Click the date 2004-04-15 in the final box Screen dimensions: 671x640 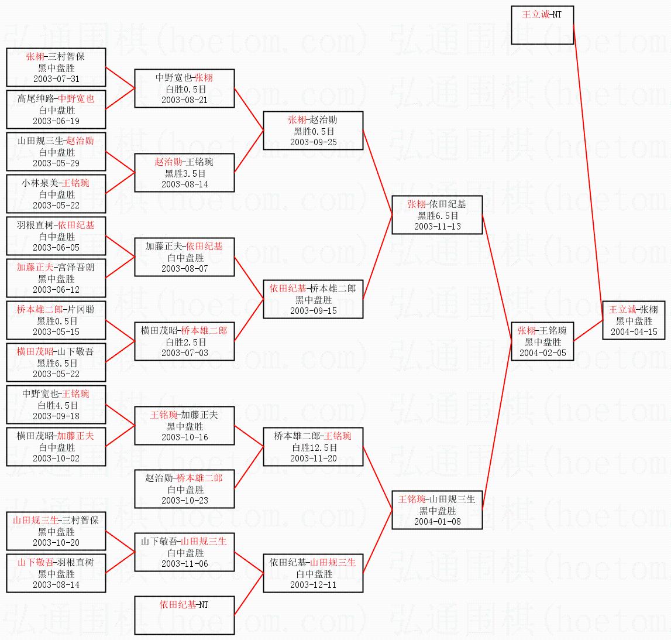click(634, 332)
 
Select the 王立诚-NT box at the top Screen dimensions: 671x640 click(542, 25)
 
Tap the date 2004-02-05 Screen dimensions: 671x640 click(543, 353)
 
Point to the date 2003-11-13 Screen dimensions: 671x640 click(438, 227)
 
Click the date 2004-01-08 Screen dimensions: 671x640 click(438, 522)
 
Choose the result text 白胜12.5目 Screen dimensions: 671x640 click(315, 448)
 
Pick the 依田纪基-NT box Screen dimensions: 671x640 click(184, 615)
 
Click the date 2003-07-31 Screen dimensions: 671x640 click(56, 79)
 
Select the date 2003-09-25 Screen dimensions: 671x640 click(313, 142)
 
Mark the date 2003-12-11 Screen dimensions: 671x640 click(313, 585)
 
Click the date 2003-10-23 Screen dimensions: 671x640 click(184, 501)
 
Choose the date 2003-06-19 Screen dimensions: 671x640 click(56, 121)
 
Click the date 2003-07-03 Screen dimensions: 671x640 click(184, 353)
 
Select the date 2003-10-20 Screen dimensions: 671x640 click(56, 543)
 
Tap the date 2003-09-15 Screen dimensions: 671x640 click(313, 311)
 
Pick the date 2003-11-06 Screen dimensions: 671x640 click(184, 564)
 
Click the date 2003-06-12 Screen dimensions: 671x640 click(56, 290)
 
